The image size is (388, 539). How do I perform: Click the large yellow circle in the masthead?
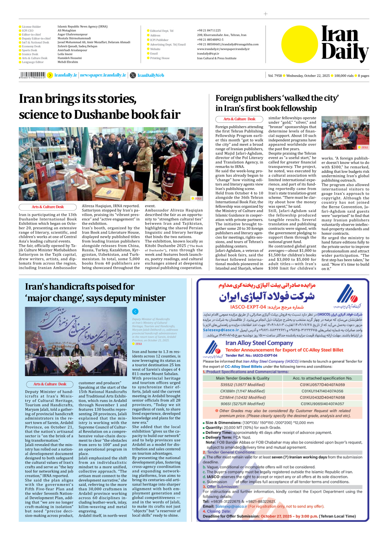(x=300, y=44)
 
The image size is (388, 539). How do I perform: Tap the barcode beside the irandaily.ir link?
(x=32, y=75)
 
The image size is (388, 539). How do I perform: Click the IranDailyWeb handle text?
(x=151, y=75)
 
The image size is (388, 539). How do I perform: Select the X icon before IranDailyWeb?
(x=133, y=75)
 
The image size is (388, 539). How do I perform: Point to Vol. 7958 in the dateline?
(x=275, y=76)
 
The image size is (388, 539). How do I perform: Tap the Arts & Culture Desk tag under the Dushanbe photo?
(x=47, y=207)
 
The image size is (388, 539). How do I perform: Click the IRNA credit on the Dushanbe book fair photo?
(x=198, y=198)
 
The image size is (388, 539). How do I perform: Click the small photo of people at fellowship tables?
(x=345, y=133)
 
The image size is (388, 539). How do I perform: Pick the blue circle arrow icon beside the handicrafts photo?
(x=135, y=311)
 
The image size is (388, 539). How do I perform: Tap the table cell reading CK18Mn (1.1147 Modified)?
(x=242, y=391)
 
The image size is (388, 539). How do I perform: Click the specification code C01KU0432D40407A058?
(x=322, y=397)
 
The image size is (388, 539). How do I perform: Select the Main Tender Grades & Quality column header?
(x=242, y=378)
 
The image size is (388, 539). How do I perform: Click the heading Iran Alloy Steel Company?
(x=259, y=343)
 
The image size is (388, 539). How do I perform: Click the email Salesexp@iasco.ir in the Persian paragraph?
(x=221, y=330)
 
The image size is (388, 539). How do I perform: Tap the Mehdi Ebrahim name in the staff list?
(x=68, y=62)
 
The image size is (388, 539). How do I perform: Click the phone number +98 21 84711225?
(x=209, y=30)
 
